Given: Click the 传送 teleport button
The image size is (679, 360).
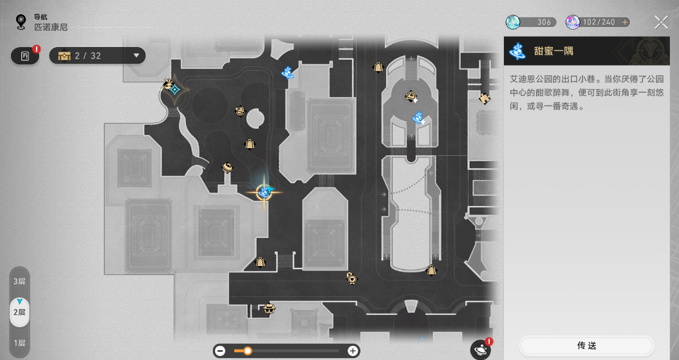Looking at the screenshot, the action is (x=587, y=345).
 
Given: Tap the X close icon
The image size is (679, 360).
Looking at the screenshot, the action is (x=661, y=22).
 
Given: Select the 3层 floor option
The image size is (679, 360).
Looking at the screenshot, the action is (x=19, y=281).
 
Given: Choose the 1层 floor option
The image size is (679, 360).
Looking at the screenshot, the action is (x=19, y=343).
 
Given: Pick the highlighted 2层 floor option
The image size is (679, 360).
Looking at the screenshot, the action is (x=19, y=312).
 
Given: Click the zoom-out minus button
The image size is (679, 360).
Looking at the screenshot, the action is (x=220, y=351).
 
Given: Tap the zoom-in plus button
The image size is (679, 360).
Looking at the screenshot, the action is (x=353, y=351).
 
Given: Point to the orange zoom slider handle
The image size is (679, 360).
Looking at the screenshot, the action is (x=247, y=351).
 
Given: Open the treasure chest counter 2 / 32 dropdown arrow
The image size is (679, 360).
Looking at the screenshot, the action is (x=136, y=55).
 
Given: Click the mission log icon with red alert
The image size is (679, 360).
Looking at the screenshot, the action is (x=25, y=55).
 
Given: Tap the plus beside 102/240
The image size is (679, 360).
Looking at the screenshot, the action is (x=625, y=22).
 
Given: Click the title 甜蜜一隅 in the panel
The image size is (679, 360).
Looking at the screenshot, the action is (x=553, y=51).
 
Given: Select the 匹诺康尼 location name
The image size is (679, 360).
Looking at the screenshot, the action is (x=51, y=27).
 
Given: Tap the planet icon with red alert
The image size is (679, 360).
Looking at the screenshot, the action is (x=481, y=349).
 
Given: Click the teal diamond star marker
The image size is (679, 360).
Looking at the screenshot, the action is (x=175, y=90).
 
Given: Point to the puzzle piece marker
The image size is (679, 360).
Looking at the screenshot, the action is (x=484, y=99).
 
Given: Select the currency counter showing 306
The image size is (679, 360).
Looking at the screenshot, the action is (x=531, y=22).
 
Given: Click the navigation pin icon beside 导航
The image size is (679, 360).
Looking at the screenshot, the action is (x=21, y=22).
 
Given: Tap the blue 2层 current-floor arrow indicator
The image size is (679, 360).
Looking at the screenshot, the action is (x=19, y=301).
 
